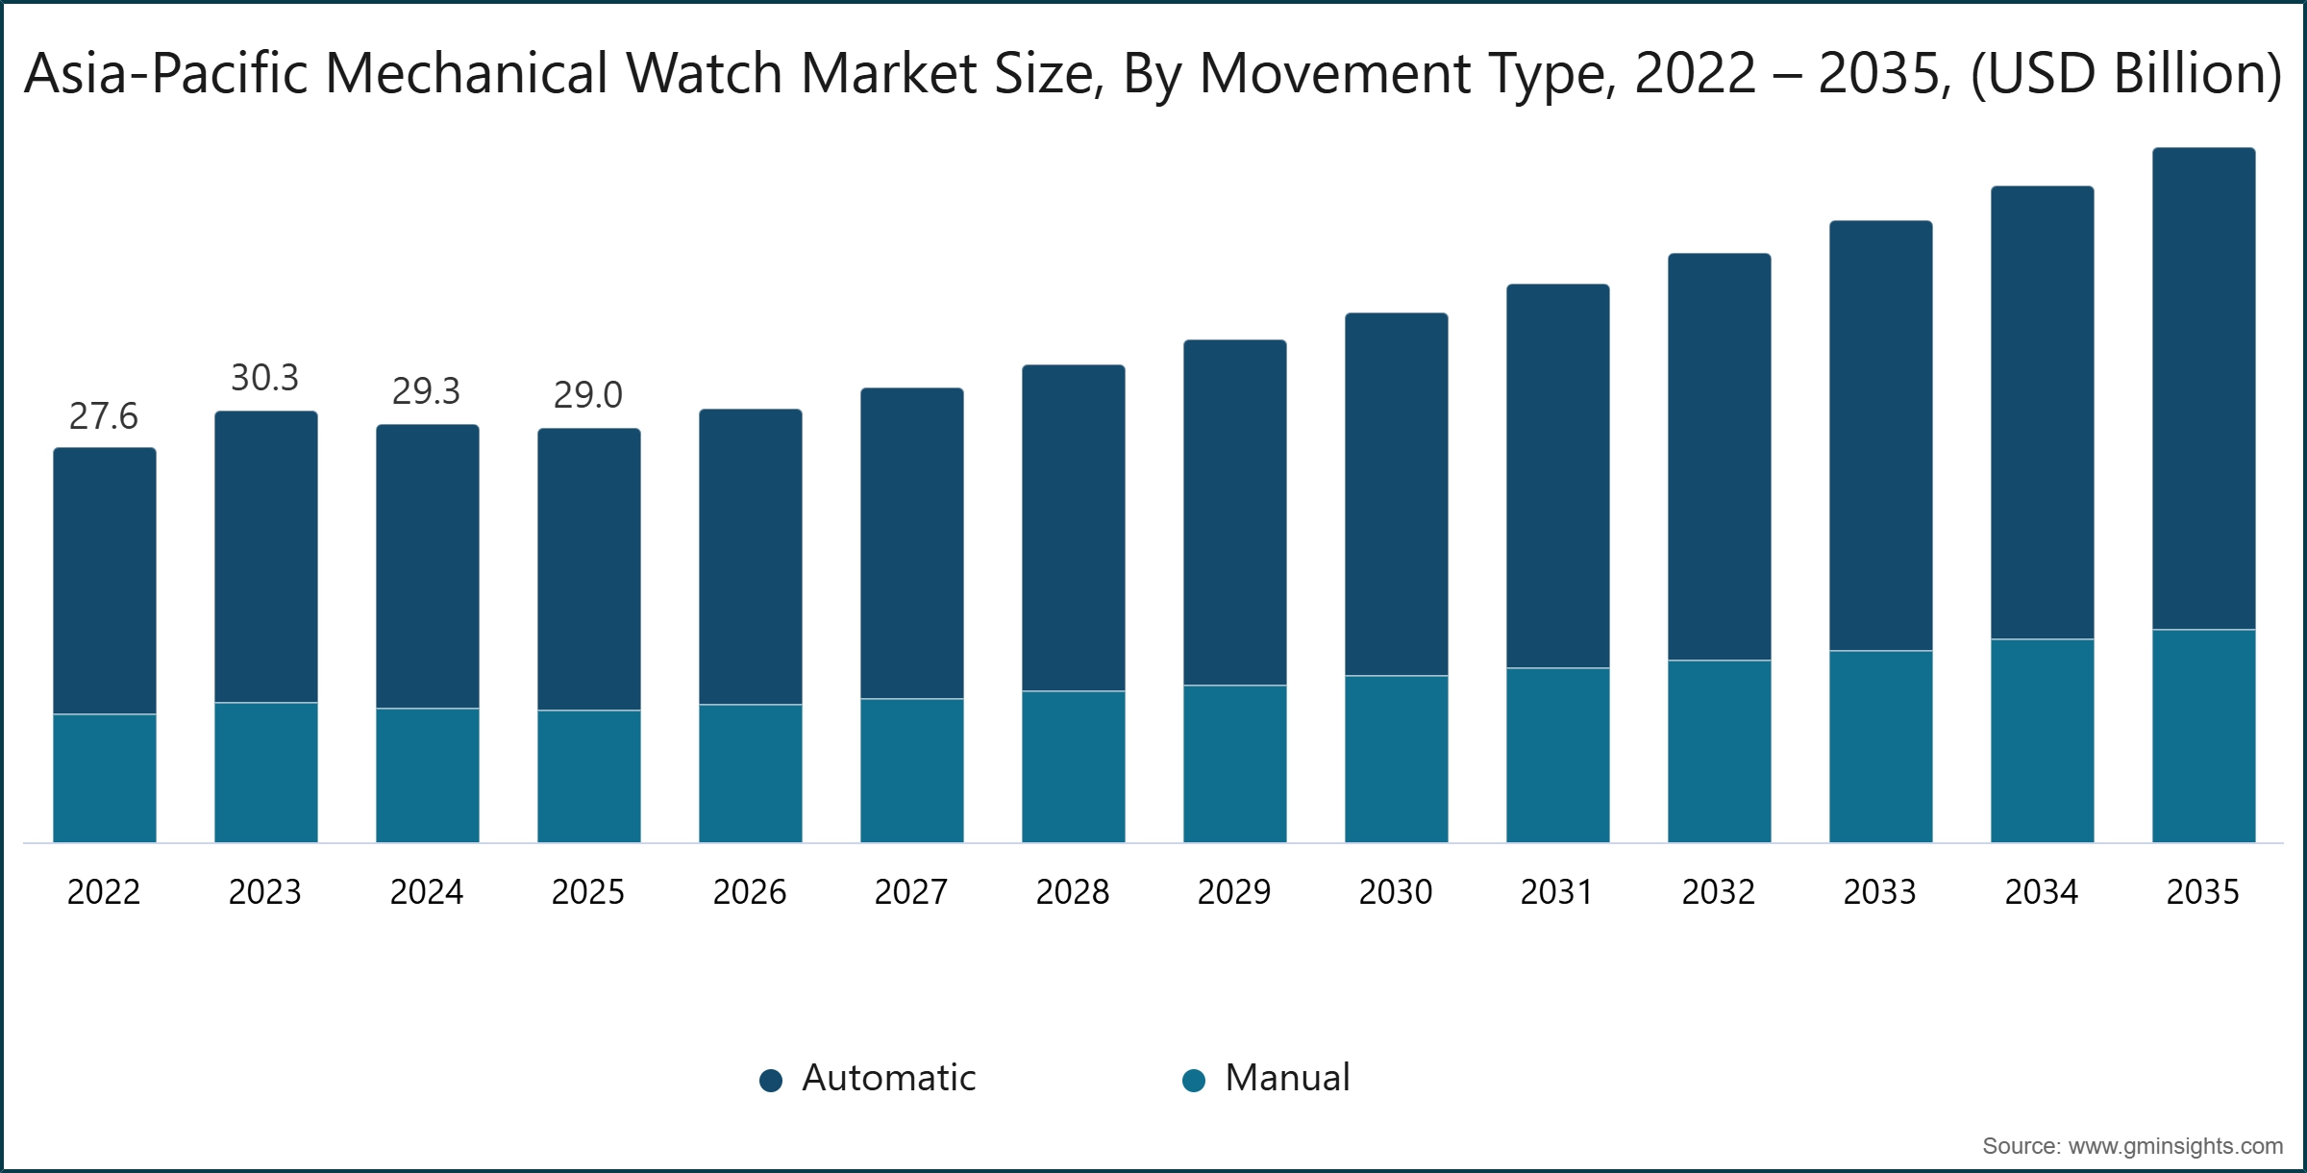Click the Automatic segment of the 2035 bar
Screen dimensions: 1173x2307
[2203, 388]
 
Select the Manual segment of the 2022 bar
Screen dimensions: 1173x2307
[104, 778]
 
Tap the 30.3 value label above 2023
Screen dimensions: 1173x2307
[264, 378]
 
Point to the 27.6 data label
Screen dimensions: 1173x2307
[103, 416]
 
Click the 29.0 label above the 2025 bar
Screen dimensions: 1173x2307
[587, 395]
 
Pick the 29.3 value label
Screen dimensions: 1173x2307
[426, 391]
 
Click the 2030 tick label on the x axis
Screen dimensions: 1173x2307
[1395, 892]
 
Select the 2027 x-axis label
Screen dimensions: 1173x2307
[910, 892]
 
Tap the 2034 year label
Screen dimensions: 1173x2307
[2041, 892]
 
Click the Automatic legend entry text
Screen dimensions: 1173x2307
[888, 1078]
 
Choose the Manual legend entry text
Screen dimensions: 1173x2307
[1287, 1078]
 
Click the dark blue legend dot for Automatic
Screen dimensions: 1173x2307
[770, 1081]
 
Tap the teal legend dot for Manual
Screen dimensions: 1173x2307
[1193, 1081]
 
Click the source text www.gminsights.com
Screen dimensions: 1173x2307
[2132, 1146]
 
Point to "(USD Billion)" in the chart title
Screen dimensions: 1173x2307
[2125, 73]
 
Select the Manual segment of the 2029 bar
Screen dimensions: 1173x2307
[1234, 763]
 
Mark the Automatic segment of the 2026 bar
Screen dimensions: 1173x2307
[750, 557]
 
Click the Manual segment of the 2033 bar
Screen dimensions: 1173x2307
[1880, 746]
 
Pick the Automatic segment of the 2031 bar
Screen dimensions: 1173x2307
[1557, 476]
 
